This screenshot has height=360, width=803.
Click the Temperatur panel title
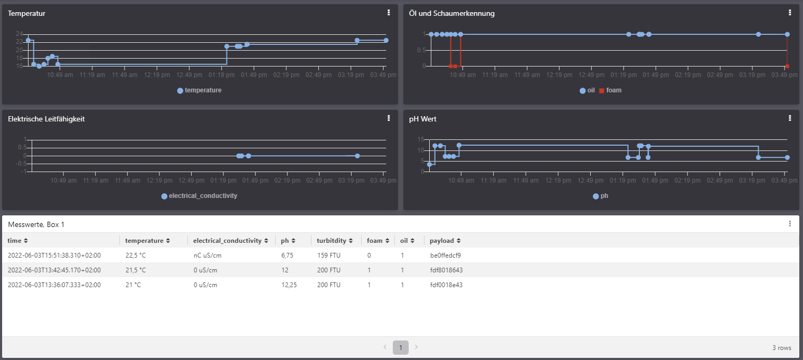[26, 13]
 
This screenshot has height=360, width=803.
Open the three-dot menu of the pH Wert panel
[790, 118]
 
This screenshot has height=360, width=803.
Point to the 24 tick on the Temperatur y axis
[19, 34]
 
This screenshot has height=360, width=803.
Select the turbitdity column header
[332, 241]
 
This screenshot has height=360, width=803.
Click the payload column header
[441, 241]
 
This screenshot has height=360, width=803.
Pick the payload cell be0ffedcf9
[446, 255]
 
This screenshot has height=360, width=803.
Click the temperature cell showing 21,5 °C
[135, 270]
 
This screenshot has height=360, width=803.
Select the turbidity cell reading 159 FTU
[328, 255]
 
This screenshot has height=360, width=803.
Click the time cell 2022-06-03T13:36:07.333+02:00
[54, 285]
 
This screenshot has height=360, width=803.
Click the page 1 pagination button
[401, 347]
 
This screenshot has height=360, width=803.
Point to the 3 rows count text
[781, 348]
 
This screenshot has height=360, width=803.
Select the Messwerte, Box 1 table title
[36, 224]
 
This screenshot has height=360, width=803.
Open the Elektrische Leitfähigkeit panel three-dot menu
[389, 118]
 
